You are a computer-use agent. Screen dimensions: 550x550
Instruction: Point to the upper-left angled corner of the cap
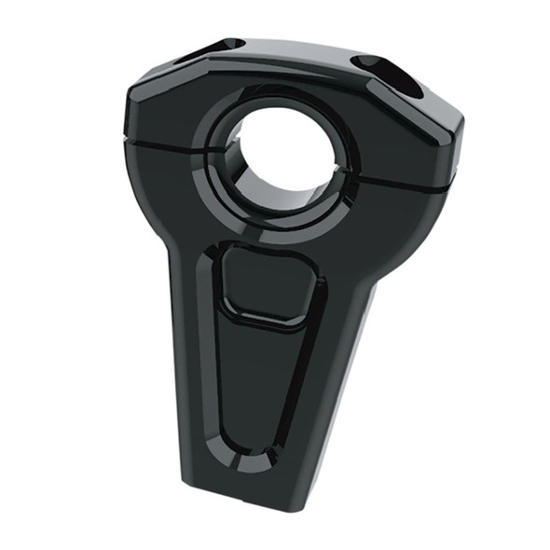(140, 84)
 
